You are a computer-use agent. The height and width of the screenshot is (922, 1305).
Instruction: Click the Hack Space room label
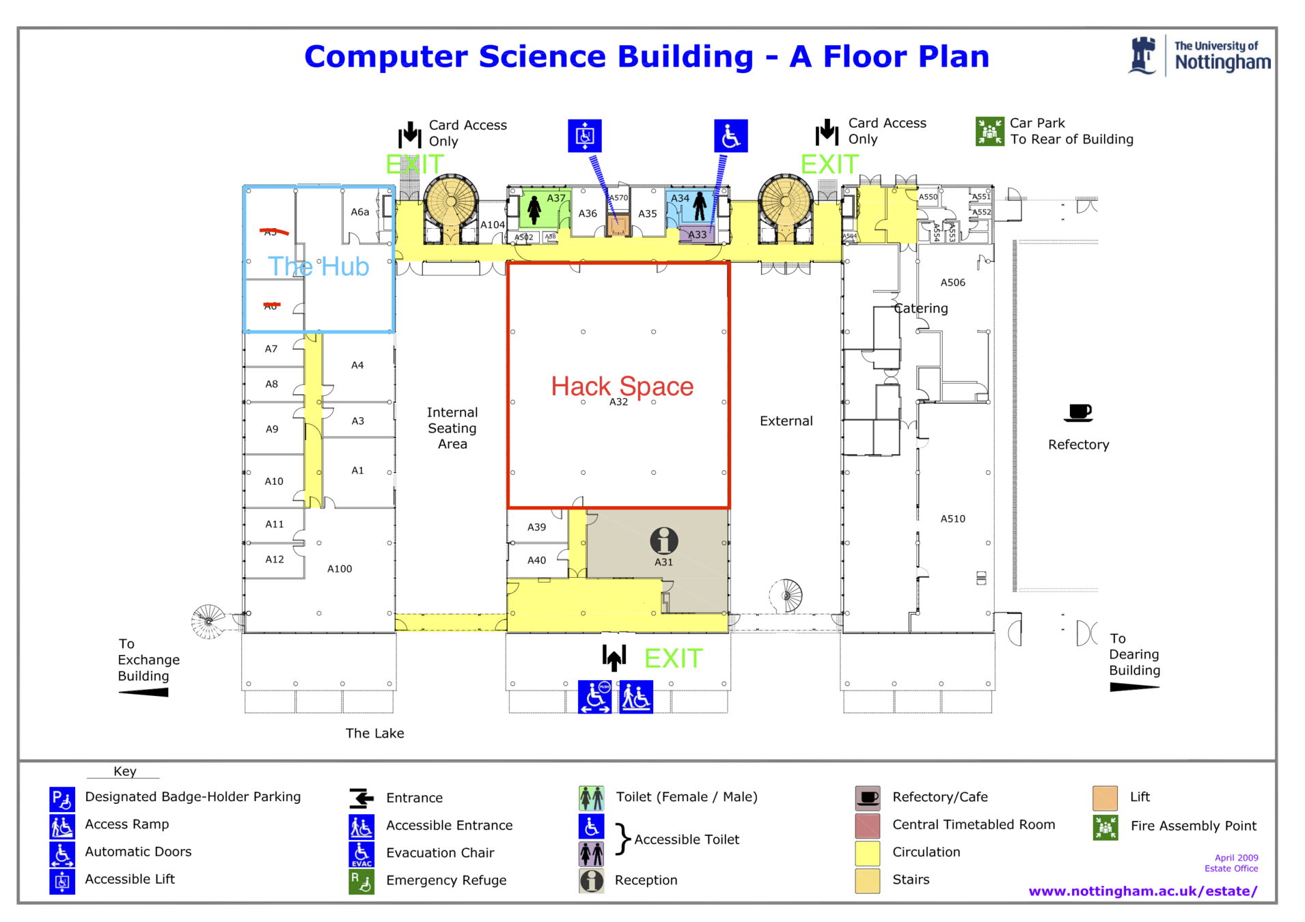point(622,387)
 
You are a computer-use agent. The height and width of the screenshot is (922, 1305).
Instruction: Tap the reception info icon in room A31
point(663,541)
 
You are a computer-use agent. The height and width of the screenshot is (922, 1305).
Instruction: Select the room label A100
point(340,569)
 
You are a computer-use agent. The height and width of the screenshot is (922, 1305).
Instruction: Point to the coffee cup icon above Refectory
point(1078,413)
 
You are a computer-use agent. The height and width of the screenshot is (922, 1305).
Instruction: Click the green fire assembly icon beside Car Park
point(989,131)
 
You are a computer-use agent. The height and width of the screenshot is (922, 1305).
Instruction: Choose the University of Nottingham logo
point(1200,56)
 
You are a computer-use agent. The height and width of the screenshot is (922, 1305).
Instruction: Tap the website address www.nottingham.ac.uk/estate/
point(1142,891)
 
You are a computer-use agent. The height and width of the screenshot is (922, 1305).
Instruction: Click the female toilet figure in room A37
point(534,210)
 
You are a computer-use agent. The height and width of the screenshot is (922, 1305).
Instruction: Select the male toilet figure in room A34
point(700,206)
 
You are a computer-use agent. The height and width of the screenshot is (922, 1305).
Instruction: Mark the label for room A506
point(952,283)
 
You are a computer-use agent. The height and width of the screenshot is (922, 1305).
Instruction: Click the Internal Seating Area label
point(452,428)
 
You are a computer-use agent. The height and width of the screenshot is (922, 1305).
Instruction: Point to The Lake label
point(374,734)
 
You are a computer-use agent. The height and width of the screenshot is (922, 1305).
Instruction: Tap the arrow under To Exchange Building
point(144,693)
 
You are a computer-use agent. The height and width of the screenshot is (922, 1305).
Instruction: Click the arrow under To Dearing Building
point(1134,687)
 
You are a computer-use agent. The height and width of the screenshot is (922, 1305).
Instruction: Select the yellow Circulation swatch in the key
point(867,852)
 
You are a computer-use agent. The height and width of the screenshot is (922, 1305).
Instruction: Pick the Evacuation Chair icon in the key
point(361,854)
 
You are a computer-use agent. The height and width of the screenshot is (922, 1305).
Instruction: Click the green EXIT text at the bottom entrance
point(673,659)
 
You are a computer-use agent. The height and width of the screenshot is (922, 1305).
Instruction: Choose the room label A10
point(274,481)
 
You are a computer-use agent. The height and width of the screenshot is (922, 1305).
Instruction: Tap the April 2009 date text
point(1236,858)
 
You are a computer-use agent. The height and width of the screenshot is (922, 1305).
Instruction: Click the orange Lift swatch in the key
point(1105,798)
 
